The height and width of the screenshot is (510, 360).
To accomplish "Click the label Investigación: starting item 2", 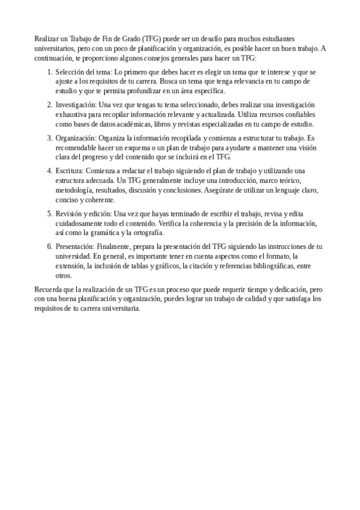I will (75, 105).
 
